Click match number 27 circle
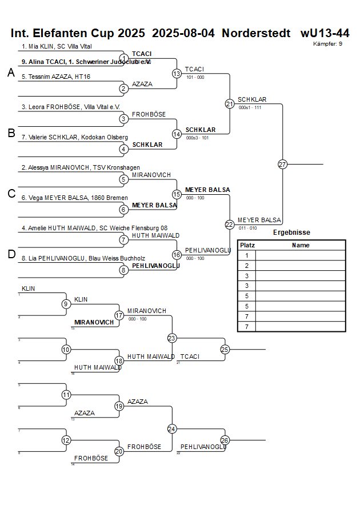pos(282,164)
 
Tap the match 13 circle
pos(177,74)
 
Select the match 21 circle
pos(230,104)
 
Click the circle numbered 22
pos(230,225)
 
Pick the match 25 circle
pos(225,349)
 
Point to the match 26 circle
pos(225,440)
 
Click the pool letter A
pos(11,73)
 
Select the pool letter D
pos(11,254)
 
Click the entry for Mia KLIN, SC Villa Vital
pos(57,46)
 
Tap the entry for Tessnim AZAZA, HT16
pos(56,77)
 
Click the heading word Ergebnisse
pos(291,233)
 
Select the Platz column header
pos(247,245)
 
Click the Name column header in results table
pos(301,245)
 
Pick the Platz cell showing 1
pos(247,255)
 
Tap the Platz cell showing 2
pos(247,266)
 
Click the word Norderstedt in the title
pos(257,33)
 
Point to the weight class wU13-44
pos(325,33)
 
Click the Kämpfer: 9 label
pos(328,43)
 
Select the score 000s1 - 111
pos(250,107)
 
